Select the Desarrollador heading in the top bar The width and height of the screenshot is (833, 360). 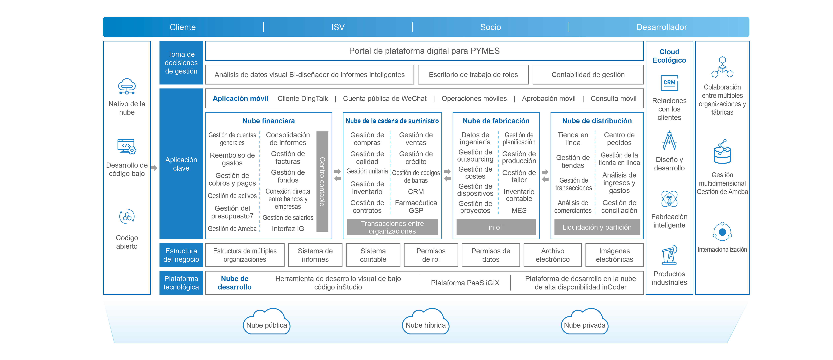coord(661,27)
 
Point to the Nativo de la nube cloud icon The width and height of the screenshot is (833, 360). coord(127,86)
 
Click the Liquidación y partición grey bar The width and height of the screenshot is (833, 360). coord(597,227)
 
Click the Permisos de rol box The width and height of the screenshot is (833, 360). coord(431,255)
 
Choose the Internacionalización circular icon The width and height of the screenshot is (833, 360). coord(722,232)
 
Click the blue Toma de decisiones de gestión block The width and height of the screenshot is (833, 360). coord(181,63)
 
